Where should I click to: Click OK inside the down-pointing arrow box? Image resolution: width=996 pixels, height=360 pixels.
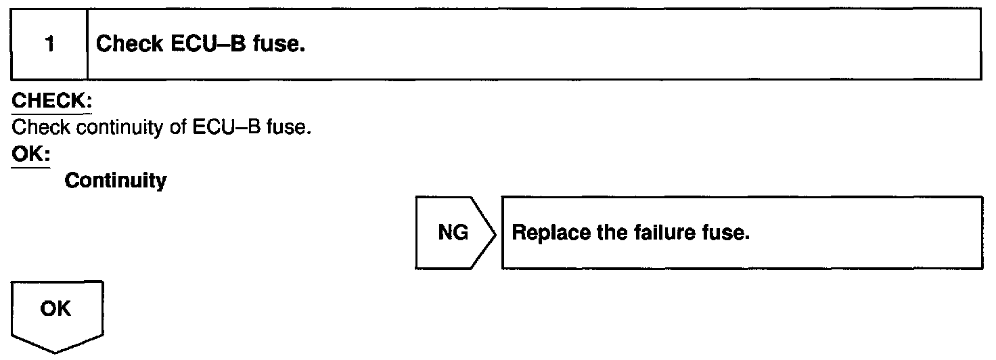57,309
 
